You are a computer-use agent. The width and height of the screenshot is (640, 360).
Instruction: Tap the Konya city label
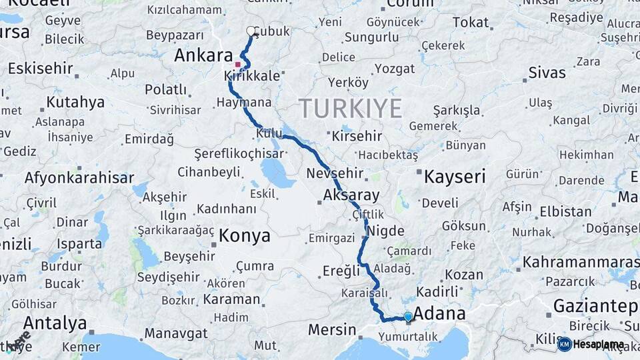(x=245, y=235)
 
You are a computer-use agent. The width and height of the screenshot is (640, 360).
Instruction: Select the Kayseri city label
(x=455, y=177)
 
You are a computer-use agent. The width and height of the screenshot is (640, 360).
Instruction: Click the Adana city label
(x=439, y=313)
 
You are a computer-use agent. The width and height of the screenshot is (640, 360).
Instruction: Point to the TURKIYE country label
(x=351, y=108)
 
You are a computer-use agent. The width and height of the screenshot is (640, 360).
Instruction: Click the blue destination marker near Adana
(x=408, y=317)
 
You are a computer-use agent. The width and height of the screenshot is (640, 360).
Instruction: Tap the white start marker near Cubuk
(x=251, y=31)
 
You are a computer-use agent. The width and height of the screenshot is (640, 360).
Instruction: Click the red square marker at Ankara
(x=237, y=65)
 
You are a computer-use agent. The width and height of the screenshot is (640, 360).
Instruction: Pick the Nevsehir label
(x=335, y=173)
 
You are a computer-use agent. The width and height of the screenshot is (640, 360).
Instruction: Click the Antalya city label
(x=55, y=323)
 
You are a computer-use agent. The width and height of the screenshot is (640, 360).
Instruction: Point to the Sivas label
(x=547, y=72)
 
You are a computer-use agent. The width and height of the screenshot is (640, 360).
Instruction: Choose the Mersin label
(x=332, y=329)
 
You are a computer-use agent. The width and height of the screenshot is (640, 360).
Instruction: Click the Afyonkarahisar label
(x=79, y=178)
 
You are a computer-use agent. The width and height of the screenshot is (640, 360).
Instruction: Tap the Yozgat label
(x=394, y=68)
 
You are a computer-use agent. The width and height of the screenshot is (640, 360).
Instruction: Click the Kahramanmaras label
(x=580, y=262)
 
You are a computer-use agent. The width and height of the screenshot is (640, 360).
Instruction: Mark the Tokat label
(x=471, y=23)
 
